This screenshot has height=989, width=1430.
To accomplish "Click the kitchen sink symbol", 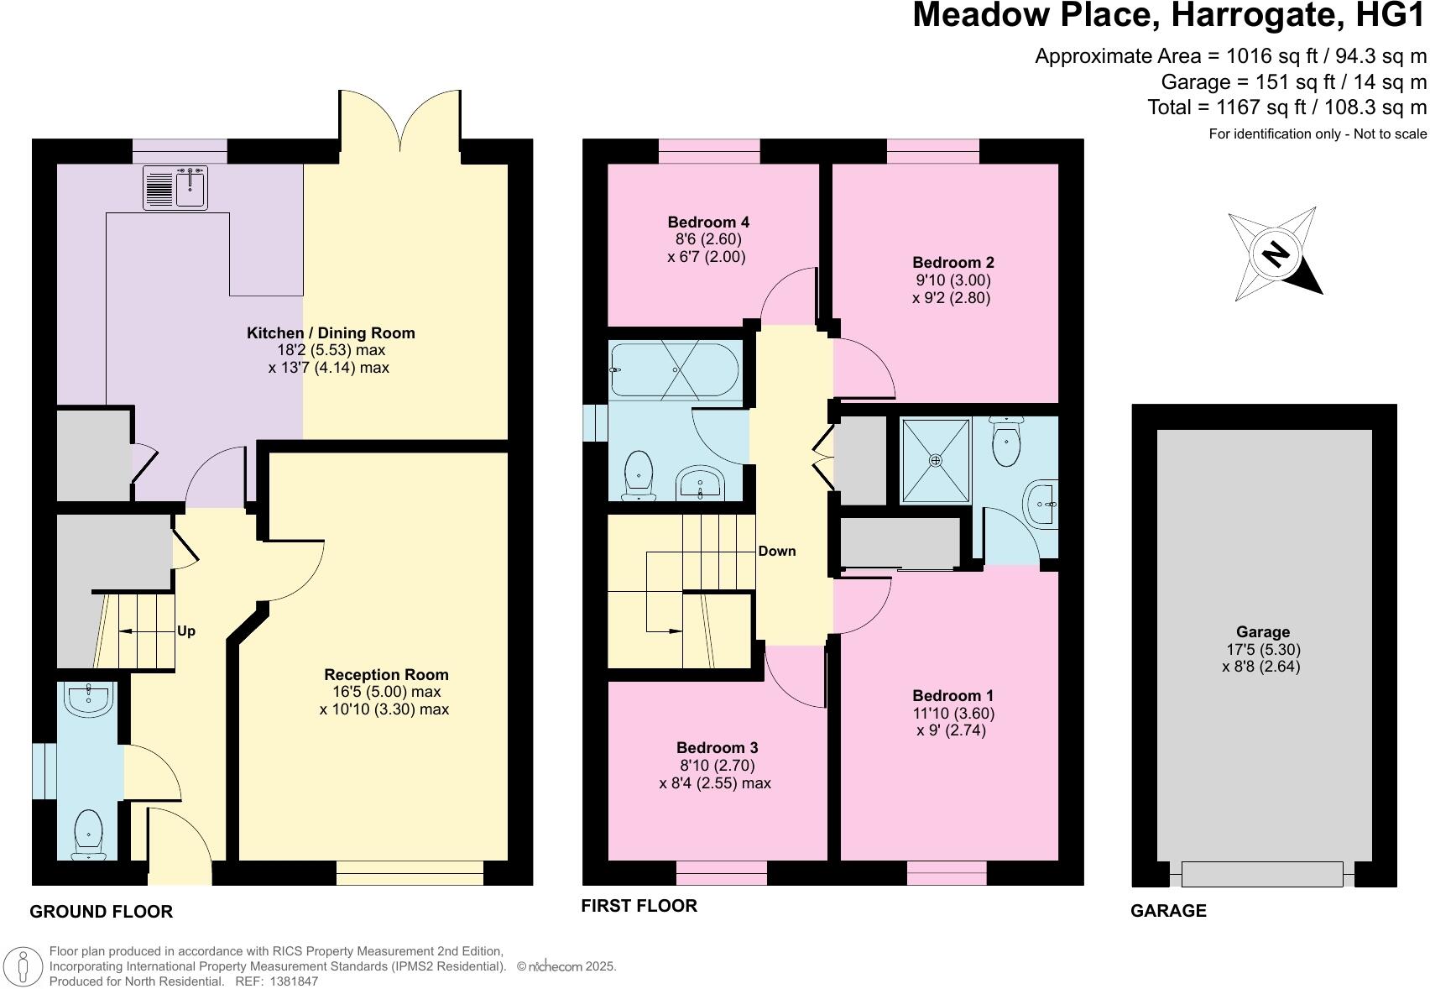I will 175,187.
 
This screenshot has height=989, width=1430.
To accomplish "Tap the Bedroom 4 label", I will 708,222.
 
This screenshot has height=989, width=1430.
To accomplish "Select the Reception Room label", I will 386,675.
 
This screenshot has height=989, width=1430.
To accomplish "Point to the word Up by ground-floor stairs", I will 186,631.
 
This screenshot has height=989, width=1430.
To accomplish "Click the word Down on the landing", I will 776,552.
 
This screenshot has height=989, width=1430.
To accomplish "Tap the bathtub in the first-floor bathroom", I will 675,370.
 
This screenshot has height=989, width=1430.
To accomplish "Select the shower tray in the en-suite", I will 935,460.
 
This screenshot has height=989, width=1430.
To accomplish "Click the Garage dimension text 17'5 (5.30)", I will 1263,650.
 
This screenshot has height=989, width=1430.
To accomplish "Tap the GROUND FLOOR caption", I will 101,912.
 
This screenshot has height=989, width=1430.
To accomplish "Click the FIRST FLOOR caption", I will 639,906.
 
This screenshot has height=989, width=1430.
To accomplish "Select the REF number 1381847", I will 293,981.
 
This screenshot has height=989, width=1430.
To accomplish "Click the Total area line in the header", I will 1286,107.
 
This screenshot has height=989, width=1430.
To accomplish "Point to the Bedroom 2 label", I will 952,263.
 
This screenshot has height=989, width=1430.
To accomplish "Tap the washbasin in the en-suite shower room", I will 1041,505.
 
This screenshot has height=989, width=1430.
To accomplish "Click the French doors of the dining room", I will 399,126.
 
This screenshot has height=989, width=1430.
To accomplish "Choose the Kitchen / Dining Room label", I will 331,333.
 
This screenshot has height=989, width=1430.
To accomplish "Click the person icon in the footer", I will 26,966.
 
